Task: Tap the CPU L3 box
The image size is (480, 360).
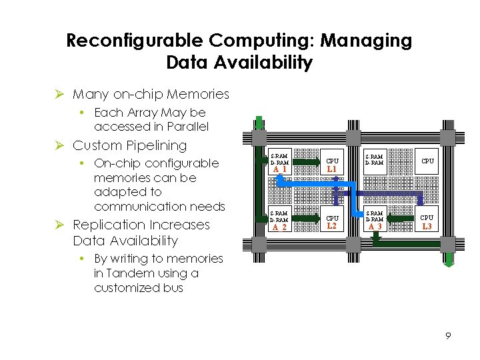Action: (x=427, y=222)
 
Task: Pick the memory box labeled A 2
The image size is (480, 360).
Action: (x=279, y=222)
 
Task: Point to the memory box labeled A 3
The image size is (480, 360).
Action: (x=375, y=222)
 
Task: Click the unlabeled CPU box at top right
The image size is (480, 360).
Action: (x=427, y=161)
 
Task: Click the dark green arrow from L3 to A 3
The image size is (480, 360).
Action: (x=401, y=218)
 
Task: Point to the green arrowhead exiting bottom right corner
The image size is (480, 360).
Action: (x=449, y=261)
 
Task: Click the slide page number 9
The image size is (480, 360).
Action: (x=448, y=336)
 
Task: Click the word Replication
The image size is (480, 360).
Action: (x=107, y=225)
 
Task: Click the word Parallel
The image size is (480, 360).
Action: (x=186, y=127)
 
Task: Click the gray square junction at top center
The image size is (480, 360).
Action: (x=353, y=137)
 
